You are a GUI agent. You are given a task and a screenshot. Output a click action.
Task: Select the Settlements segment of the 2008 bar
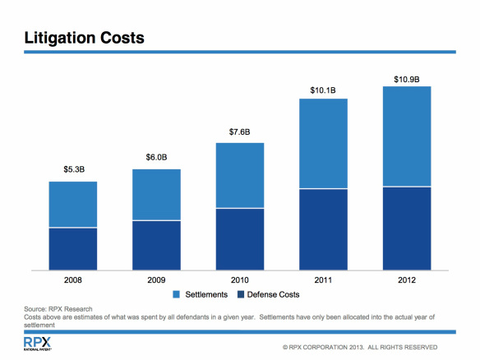73,205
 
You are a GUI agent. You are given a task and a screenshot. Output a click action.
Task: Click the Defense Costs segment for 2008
73,248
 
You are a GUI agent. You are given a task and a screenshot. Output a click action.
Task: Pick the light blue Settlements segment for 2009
156,195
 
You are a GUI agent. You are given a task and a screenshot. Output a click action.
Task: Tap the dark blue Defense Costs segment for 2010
239,238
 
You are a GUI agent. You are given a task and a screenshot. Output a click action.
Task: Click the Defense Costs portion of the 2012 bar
406,228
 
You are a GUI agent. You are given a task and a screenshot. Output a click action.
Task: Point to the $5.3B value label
74,170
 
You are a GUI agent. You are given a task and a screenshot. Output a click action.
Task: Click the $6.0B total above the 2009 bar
156,158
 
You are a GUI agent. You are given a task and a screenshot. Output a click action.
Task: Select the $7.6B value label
239,132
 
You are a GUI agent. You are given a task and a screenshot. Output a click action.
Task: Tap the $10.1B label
322,88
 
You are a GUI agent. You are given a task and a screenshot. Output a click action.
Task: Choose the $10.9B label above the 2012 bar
406,79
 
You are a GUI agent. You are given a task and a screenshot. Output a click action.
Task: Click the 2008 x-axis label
73,279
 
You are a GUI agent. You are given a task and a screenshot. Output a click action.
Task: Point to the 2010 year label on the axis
239,279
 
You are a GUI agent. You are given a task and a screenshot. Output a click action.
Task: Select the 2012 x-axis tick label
406,279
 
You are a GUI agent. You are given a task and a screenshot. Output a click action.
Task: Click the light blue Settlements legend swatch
176,293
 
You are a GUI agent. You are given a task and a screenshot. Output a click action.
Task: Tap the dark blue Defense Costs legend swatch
241,293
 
